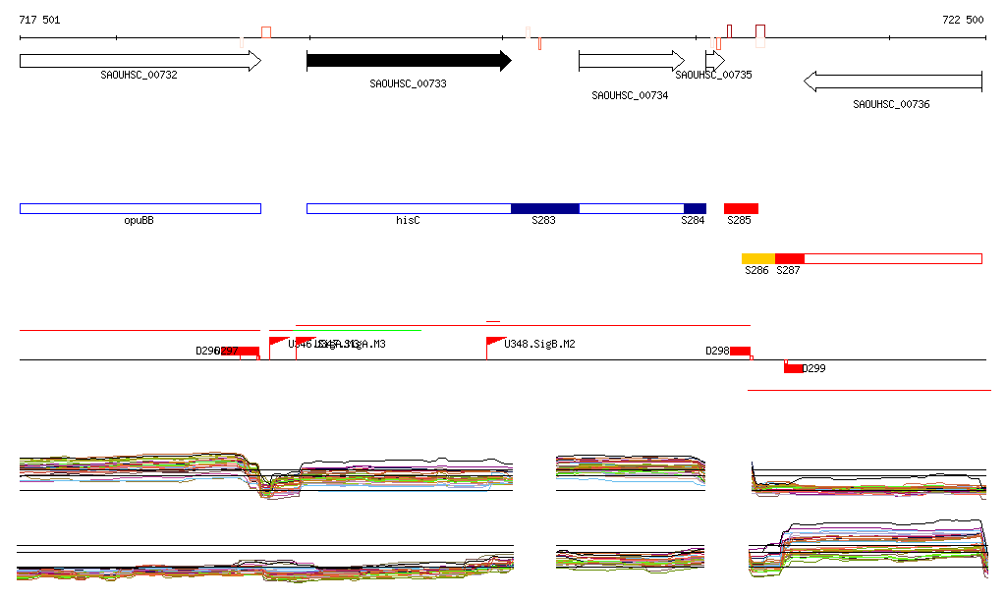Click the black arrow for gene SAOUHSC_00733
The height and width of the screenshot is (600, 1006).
click(x=408, y=61)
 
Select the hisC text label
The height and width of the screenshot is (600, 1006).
click(x=408, y=221)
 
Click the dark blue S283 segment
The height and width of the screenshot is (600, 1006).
click(x=544, y=208)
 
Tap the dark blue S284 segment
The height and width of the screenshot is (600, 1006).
click(x=695, y=208)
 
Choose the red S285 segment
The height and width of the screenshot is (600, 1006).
click(x=741, y=208)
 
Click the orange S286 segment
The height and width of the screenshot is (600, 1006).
click(x=758, y=258)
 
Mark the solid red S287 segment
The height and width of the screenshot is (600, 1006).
click(x=790, y=258)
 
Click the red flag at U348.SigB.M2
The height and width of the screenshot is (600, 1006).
click(x=495, y=342)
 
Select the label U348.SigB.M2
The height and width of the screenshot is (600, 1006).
click(x=539, y=345)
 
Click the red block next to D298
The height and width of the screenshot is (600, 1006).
click(x=740, y=352)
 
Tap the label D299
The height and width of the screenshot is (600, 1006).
click(x=814, y=369)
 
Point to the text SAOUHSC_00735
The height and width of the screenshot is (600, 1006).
click(x=713, y=75)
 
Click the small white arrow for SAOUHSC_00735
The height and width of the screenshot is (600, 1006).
click(x=714, y=61)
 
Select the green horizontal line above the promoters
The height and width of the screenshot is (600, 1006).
click(x=359, y=331)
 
